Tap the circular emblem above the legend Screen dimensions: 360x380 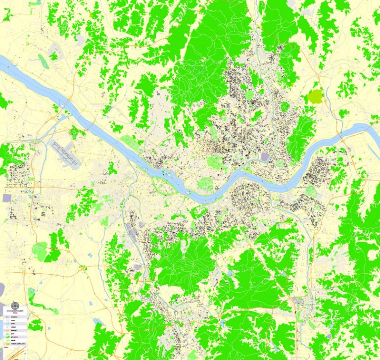point(14,306)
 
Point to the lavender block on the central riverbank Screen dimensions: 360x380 point(265,157)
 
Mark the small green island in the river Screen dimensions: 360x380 point(165,173)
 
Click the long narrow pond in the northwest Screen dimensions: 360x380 point(44,61)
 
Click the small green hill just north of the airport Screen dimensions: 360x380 point(76,132)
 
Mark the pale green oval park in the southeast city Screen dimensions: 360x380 point(310,191)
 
